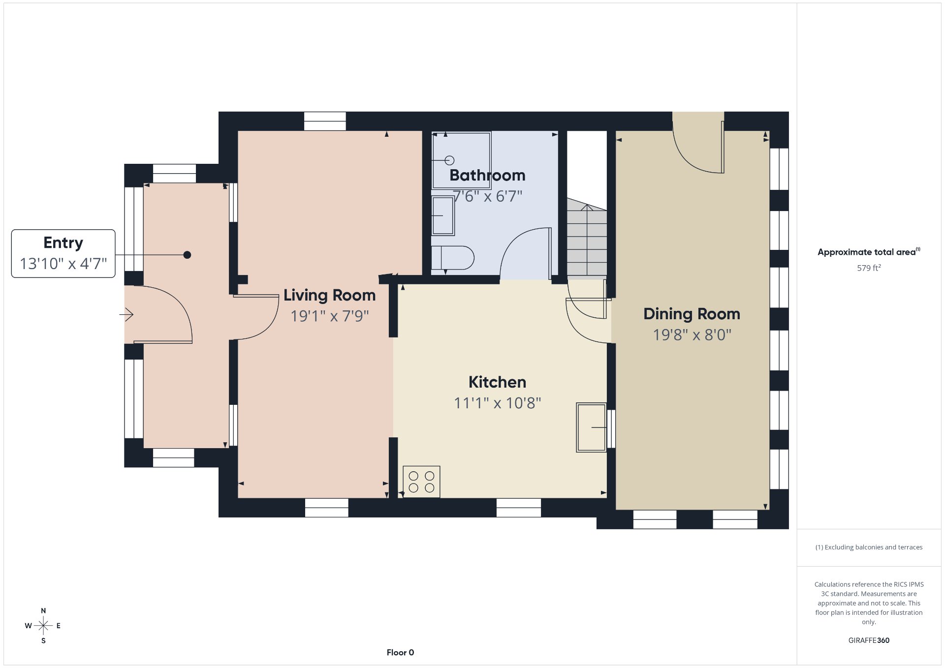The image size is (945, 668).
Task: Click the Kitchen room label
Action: pyautogui.click(x=497, y=382)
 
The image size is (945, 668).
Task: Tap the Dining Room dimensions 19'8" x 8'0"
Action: pyautogui.click(x=692, y=335)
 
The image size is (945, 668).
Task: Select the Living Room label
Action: pyautogui.click(x=329, y=295)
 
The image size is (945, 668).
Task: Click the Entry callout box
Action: pyautogui.click(x=63, y=253)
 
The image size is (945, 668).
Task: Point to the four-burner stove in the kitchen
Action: pyautogui.click(x=421, y=482)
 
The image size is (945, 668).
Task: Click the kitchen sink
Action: pyautogui.click(x=591, y=427)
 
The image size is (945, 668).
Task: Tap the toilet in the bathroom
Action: pyautogui.click(x=453, y=258)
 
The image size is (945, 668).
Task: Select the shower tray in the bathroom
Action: pyautogui.click(x=461, y=160)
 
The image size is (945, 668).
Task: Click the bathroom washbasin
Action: pyautogui.click(x=443, y=216)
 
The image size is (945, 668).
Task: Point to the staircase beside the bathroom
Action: pyautogui.click(x=587, y=237)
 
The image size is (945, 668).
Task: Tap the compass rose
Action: pyautogui.click(x=43, y=626)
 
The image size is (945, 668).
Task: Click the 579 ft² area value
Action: pyautogui.click(x=869, y=268)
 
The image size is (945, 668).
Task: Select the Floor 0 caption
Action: pyautogui.click(x=400, y=653)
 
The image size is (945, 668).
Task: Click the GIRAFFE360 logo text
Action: pyautogui.click(x=869, y=640)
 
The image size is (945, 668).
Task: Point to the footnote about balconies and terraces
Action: pyautogui.click(x=869, y=547)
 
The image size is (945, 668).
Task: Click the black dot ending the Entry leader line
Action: pyautogui.click(x=187, y=255)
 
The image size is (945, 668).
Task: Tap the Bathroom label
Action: pyautogui.click(x=487, y=175)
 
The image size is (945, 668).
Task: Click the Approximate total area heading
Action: pyautogui.click(x=869, y=252)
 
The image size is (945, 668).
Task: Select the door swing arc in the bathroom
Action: pyautogui.click(x=514, y=240)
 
